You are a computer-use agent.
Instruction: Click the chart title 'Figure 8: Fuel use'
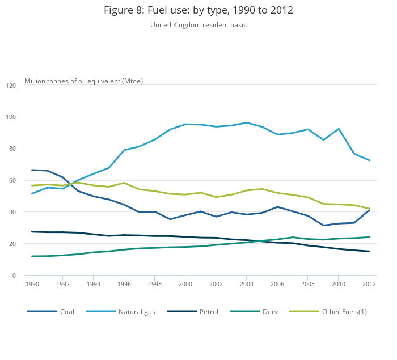198,10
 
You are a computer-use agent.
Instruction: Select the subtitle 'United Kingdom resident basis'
198,25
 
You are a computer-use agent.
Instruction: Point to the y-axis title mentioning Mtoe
83,81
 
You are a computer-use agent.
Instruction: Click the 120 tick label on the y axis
11,86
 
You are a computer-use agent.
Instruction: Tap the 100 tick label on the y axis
11,117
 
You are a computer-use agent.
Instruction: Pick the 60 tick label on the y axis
12,180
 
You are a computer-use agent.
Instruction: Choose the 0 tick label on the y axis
14,276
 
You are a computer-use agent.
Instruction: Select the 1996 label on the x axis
124,284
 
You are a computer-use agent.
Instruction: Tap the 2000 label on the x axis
185,284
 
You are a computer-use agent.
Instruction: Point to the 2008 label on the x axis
308,284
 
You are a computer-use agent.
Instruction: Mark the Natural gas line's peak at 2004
247,122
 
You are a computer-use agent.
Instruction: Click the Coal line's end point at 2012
370,210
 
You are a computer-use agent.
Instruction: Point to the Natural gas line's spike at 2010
339,129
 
